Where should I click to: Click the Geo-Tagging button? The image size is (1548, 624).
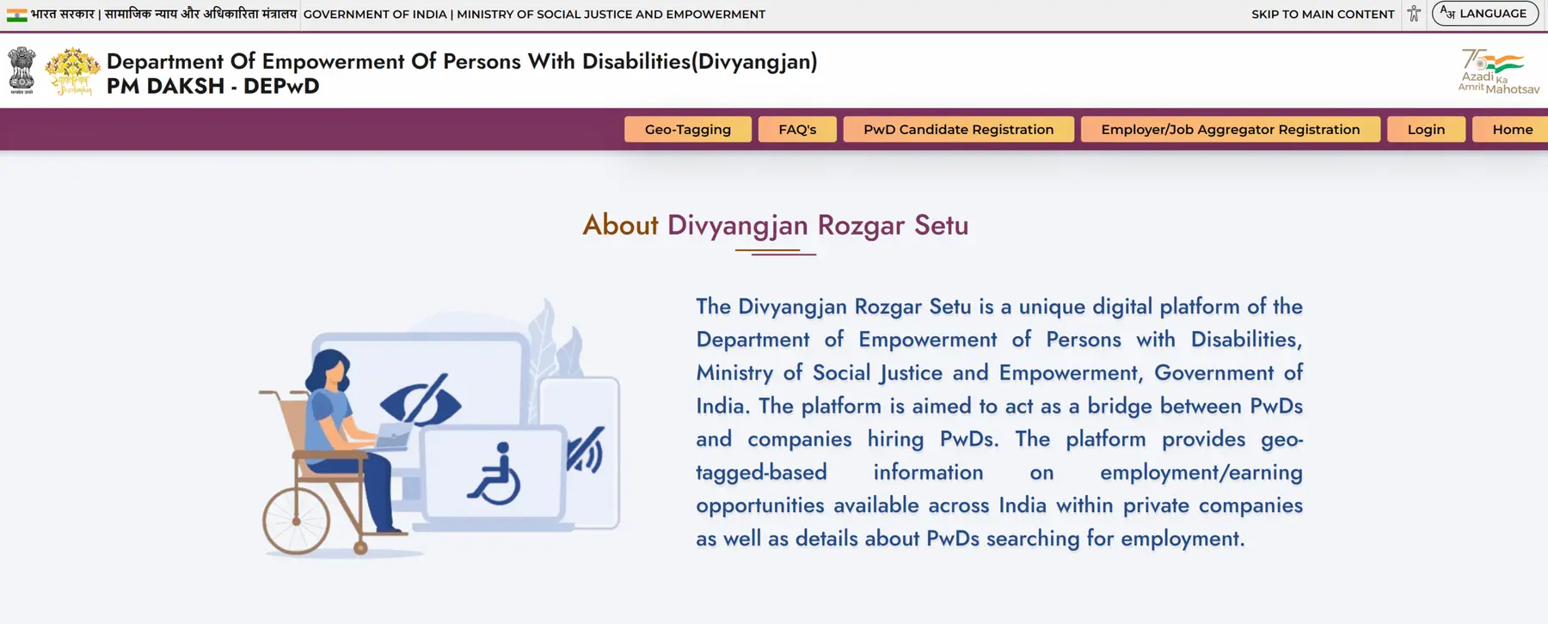687,129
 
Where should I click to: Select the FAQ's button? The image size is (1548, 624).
797,129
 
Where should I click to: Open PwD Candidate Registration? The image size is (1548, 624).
958,129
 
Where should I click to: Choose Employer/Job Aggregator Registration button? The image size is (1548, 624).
1230,129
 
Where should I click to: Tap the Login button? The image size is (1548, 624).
1426,129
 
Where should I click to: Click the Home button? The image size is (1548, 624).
1512,129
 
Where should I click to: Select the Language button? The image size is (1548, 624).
1484,14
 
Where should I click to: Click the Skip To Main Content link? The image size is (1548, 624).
1323,14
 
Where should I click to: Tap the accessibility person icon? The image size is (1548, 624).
1414,14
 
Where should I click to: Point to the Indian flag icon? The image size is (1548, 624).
17,15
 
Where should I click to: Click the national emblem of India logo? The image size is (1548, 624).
21,70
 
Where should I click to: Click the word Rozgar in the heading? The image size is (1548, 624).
861,225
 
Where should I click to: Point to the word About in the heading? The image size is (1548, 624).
620,225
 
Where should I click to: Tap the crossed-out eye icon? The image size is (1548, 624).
421,400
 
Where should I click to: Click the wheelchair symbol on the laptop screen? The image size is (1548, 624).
494,474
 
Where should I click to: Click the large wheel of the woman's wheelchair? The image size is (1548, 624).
296,521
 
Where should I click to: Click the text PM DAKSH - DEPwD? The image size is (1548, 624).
213,86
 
